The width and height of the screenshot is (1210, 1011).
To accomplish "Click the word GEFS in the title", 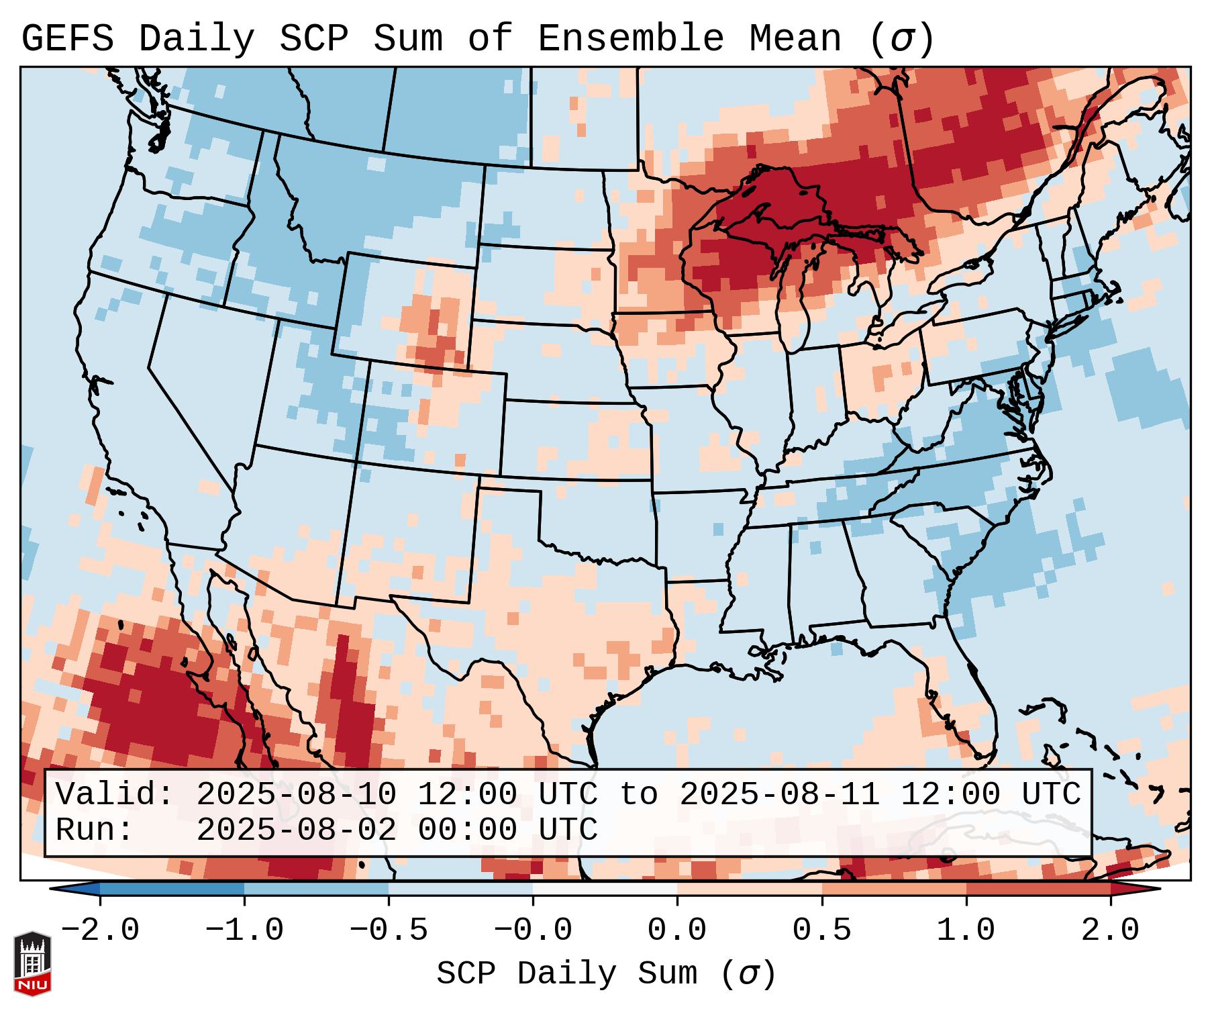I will pos(67,39).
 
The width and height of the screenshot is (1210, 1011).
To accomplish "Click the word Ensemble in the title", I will pos(630,39).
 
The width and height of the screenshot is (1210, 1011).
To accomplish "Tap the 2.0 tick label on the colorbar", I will pos(1110,930).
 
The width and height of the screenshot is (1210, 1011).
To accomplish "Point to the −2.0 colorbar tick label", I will pos(100,930).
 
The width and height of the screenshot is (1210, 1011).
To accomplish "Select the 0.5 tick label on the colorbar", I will pos(821,930).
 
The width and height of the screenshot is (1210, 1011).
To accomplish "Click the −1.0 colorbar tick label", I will pos(244,930).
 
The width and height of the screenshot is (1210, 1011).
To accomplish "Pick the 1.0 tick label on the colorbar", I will pos(966,930).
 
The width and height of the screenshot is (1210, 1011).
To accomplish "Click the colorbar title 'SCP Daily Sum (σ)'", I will pos(606,974).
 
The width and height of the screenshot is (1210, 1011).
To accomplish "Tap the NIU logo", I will pos(32,963).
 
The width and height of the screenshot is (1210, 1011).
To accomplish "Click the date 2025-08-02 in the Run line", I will pos(296,830).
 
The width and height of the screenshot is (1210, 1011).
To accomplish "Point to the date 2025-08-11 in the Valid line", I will pos(779,794).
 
